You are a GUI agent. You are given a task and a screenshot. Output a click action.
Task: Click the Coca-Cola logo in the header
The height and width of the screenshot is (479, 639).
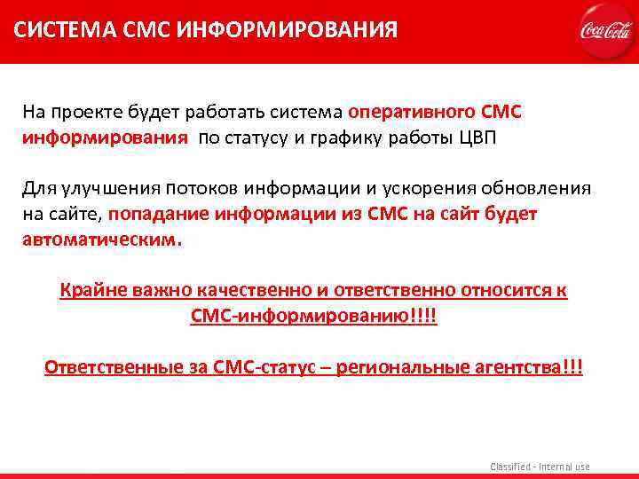(605, 31)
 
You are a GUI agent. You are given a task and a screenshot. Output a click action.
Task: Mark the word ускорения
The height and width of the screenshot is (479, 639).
(430, 188)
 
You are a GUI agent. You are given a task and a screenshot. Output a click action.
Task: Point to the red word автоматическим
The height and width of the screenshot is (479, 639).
(101, 239)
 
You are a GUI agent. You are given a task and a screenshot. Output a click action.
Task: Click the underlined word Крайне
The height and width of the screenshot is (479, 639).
(89, 290)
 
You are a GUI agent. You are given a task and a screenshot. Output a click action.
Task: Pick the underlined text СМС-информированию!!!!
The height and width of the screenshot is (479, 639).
(314, 316)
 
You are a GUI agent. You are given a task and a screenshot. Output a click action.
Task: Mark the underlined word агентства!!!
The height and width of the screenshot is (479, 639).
(532, 367)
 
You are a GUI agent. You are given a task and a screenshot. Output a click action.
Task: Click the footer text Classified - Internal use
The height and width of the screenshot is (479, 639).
(540, 467)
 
